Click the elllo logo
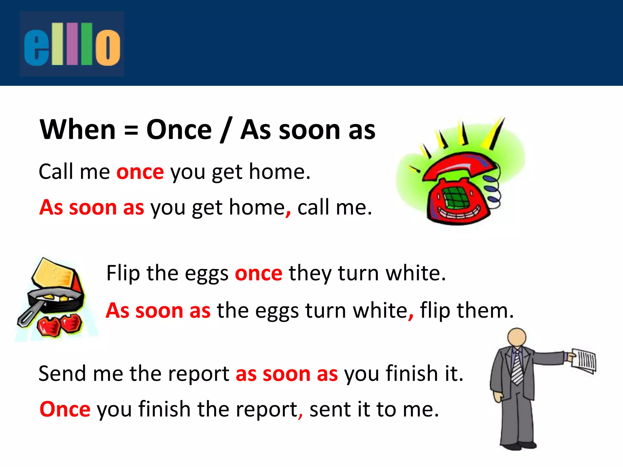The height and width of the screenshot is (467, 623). (x=72, y=44)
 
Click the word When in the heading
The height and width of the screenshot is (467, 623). (x=78, y=130)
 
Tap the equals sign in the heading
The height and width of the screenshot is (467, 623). (x=131, y=131)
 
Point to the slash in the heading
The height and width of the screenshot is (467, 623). (x=226, y=130)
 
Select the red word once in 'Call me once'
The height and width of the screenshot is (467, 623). (x=140, y=172)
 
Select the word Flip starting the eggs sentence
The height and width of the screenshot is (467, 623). (x=123, y=273)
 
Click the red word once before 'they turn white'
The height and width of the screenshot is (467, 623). (x=259, y=273)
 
